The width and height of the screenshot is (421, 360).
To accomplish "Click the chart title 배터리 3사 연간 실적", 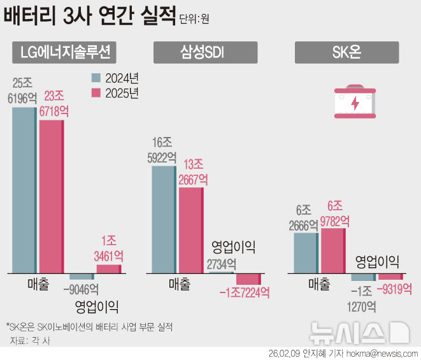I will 89,16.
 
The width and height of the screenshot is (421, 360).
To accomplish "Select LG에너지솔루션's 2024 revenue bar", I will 24,190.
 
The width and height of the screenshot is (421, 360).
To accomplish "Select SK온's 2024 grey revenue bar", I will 306,253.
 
